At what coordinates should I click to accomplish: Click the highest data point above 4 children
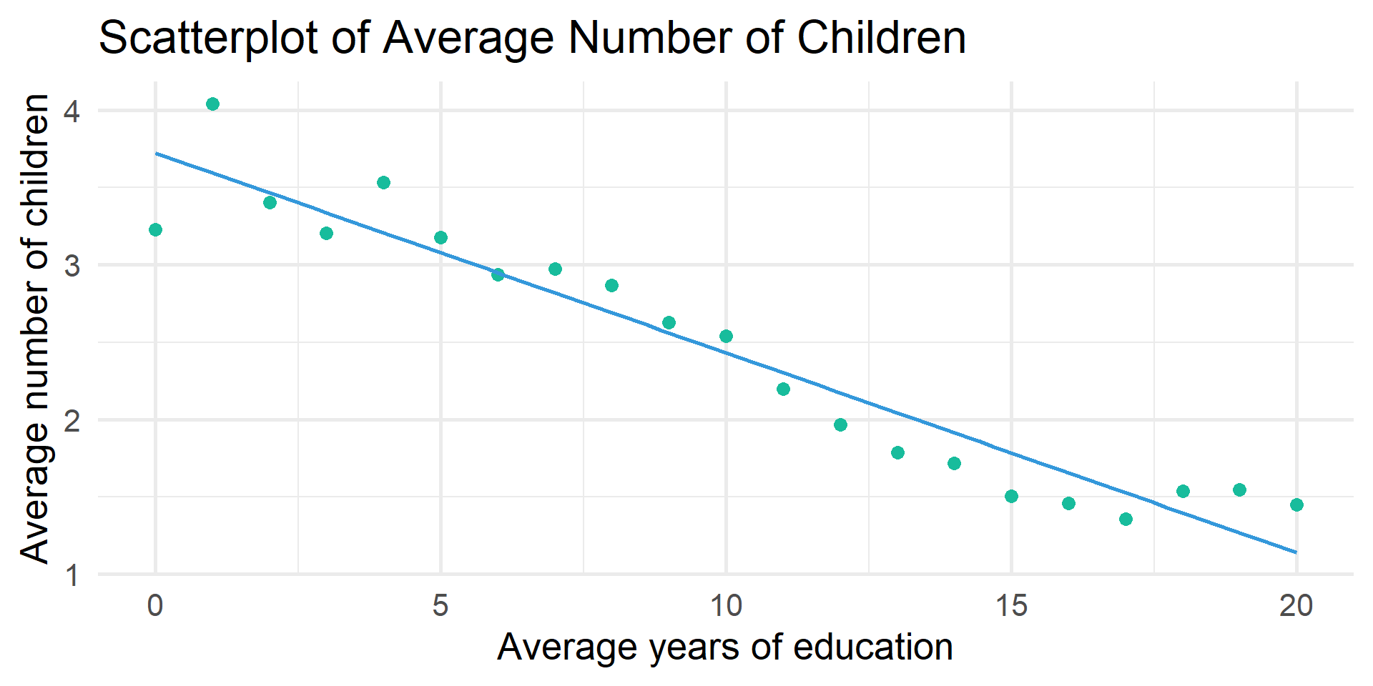(212, 104)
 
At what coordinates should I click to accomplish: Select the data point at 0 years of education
(155, 229)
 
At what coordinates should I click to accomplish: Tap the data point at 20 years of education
(1296, 505)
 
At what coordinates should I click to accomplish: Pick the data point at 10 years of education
(726, 337)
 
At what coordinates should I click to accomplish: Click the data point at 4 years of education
(383, 183)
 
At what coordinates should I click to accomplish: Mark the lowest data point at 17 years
(1126, 520)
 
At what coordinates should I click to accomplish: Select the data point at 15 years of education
(1011, 497)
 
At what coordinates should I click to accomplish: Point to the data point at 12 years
(840, 425)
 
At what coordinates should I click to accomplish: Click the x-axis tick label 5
(441, 606)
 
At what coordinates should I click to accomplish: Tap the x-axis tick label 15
(1011, 606)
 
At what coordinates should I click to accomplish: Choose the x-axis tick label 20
(1296, 606)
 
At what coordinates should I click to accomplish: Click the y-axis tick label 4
(72, 111)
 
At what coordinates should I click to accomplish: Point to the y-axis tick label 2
(72, 420)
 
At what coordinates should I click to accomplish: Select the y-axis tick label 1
(72, 575)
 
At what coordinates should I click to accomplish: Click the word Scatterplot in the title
(207, 38)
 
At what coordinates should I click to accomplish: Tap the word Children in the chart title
(881, 38)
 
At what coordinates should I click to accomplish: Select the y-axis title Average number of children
(34, 329)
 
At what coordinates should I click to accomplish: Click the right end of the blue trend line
(1295, 552)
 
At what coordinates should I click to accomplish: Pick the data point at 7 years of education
(555, 269)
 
